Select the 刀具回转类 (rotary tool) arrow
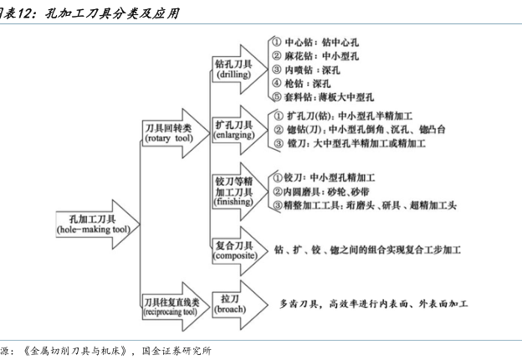[176, 133]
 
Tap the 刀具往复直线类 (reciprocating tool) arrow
[176, 306]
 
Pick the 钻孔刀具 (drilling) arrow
[240, 69]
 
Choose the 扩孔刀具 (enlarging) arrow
[240, 131]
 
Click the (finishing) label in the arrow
[233, 202]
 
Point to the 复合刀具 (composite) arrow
[240, 251]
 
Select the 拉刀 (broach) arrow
[240, 305]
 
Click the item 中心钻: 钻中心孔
[315, 43]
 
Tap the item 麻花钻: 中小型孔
[315, 56]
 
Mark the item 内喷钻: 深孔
[305, 70]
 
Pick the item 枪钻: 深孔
[301, 83]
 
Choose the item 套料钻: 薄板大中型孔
[323, 97]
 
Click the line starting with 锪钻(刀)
[359, 130]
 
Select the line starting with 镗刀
[350, 143]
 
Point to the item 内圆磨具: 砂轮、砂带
[321, 192]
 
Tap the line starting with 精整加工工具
[365, 205]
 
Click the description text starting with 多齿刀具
[374, 304]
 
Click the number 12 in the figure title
[26, 13]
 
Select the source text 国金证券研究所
[177, 351]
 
